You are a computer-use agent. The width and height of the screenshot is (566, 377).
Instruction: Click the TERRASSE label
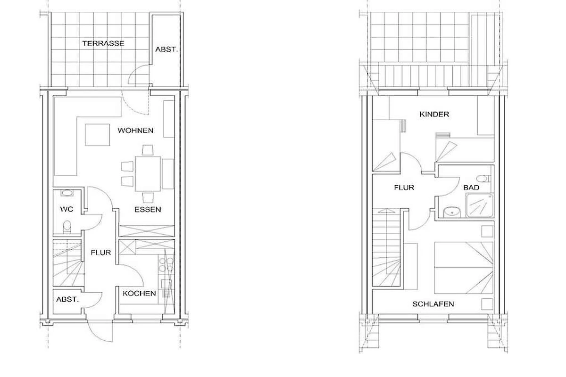pos(103,43)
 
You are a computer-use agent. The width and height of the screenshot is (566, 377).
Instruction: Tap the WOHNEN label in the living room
pos(135,131)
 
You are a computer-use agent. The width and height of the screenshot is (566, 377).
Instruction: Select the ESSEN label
pos(148,210)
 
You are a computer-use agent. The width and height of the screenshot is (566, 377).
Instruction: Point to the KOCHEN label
pos(139,294)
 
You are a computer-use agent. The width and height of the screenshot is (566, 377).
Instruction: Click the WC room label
pos(67,209)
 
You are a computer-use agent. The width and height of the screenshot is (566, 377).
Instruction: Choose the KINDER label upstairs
pos(434,115)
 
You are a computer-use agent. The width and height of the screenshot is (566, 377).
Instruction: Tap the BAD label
pos(471,188)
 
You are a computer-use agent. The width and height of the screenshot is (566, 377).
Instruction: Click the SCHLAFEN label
pos(433,304)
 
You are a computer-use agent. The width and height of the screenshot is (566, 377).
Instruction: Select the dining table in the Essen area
pos(148,174)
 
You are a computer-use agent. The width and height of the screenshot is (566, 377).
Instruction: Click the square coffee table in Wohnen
pos(97,135)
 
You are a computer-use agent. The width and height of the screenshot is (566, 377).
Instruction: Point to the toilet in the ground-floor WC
pos(67,227)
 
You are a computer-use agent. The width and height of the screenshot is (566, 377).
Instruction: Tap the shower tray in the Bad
pos(479,205)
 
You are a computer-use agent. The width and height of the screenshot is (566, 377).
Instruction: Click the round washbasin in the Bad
pos(452,212)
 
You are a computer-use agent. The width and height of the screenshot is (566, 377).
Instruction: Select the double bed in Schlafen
pos(464,268)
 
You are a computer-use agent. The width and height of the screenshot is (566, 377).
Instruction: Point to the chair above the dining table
pos(148,150)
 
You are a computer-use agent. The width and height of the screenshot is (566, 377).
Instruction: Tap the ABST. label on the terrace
pos(166,49)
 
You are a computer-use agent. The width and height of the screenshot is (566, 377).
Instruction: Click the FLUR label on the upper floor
pos(404,188)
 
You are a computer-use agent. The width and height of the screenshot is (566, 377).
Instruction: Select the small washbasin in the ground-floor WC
pos(67,193)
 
